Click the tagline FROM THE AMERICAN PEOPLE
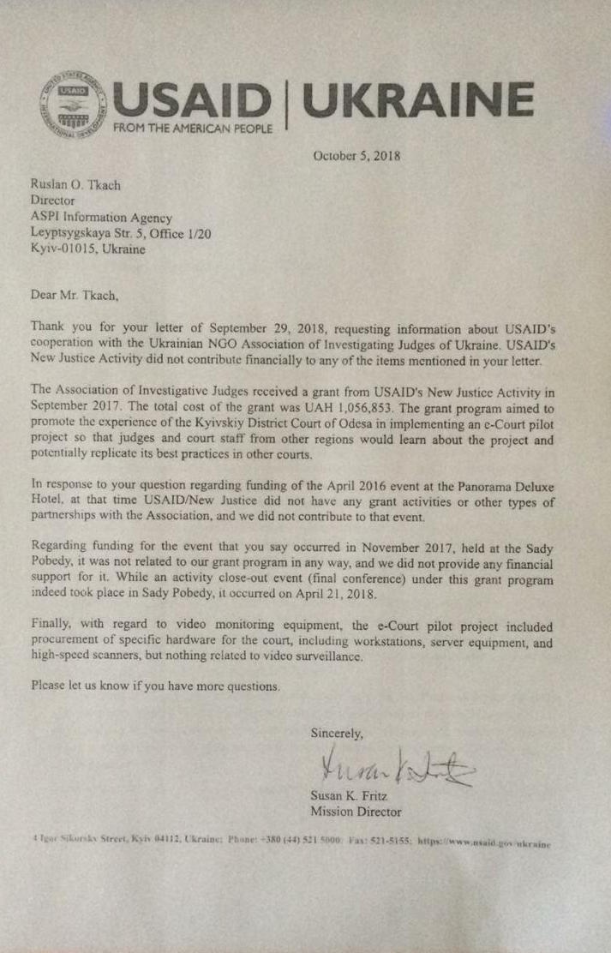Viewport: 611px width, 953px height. [194, 129]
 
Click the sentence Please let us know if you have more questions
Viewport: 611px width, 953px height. [154, 686]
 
